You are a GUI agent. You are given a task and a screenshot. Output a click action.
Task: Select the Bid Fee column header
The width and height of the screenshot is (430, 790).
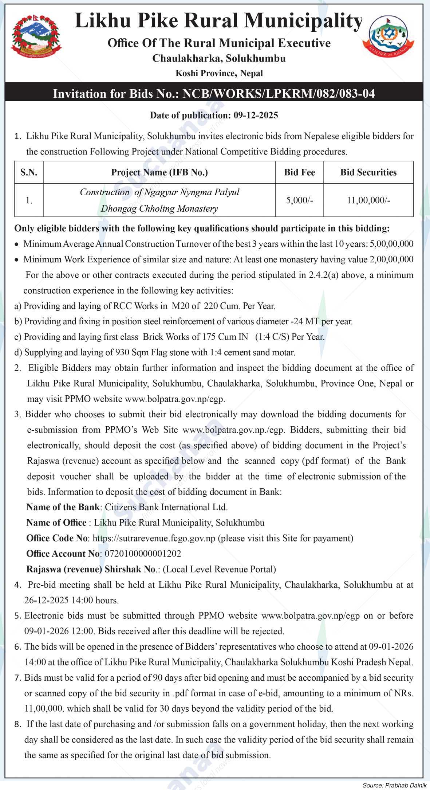coord(299,172)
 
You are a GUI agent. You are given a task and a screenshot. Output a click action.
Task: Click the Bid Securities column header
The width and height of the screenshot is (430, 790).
coord(368,172)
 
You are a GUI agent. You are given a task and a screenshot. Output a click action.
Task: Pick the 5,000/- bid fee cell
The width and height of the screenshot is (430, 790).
coord(299,200)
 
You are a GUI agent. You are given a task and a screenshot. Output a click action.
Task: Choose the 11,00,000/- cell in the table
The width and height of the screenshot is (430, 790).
coord(368,200)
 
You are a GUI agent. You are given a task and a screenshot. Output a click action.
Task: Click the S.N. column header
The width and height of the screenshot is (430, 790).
coord(29,172)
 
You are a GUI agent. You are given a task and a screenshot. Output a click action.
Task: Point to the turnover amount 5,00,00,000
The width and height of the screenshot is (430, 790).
coord(391,244)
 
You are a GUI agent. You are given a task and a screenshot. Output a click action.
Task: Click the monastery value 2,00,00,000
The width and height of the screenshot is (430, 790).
coord(391,259)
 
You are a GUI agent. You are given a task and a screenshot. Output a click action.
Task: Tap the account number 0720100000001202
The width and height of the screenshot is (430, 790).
coord(143,554)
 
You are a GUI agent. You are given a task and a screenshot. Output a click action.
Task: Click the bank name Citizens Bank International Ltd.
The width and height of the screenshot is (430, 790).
coord(166,507)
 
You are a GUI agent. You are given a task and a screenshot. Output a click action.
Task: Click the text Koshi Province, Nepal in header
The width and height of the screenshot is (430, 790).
coord(219,73)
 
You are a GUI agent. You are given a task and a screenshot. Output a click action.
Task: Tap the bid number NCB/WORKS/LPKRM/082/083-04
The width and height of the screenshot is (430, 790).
coord(279,94)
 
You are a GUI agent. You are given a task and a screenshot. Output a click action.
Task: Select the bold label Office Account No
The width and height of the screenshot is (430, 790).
coord(63,554)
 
